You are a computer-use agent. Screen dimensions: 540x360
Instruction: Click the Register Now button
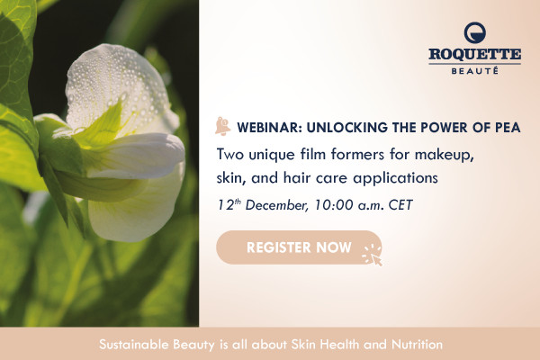(299, 247)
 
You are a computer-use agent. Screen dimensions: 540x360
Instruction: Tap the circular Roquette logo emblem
(475, 32)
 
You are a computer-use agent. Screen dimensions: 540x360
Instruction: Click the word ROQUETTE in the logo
(474, 54)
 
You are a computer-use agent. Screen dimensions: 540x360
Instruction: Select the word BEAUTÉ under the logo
(474, 71)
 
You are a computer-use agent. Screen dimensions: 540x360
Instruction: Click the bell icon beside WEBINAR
(222, 126)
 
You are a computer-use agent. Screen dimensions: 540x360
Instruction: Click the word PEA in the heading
(508, 128)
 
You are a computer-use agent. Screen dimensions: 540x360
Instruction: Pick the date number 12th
(229, 205)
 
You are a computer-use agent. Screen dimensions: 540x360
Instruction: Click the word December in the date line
(276, 205)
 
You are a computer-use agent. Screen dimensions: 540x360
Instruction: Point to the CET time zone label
(400, 205)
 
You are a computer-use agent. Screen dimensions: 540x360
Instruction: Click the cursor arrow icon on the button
(376, 260)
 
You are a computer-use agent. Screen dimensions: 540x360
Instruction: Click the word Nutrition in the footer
(417, 344)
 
